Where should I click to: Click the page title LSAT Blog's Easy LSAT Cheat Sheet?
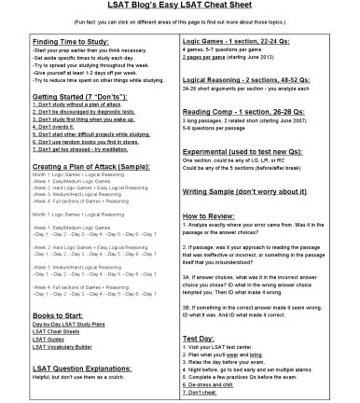coord(179,9)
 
